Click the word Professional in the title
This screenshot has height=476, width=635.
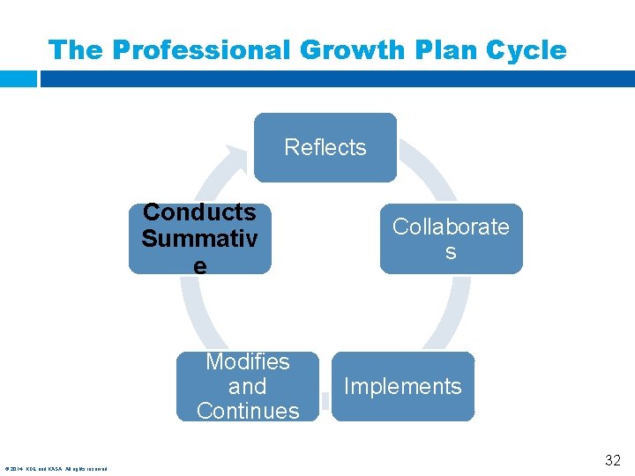coord(199,50)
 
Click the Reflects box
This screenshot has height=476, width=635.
coord(325,147)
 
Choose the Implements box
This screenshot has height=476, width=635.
coord(402,386)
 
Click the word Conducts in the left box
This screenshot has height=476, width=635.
coord(199,212)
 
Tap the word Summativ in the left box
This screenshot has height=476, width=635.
coord(199,238)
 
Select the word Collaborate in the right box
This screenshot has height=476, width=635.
coord(451,227)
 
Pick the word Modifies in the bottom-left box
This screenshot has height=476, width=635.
coord(247,361)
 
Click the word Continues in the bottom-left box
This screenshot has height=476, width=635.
coord(248,411)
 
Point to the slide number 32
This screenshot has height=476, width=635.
coord(612,460)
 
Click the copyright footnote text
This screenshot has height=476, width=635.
coord(56,468)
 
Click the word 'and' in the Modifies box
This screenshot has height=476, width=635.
coord(247,386)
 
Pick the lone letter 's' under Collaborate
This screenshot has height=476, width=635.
coord(451,252)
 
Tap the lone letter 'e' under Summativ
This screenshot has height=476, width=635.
coord(200,264)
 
